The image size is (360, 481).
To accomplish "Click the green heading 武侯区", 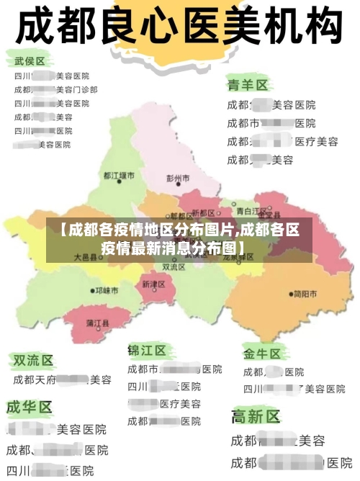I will pos(30,61).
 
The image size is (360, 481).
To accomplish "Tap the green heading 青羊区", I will pos(247,85).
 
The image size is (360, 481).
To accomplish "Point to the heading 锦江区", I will pos(147,351).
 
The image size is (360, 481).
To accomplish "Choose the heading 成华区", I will pos(30,407).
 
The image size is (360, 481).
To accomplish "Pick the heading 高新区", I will pos(255,416).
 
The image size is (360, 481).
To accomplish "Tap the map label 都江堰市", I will pos(119,175).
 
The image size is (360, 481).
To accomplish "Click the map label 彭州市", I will pos(179,177).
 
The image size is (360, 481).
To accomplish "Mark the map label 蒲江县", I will pos(97,323).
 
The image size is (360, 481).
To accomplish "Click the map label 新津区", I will pos(153,284).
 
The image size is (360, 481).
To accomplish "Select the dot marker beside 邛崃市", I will pos(91,291).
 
